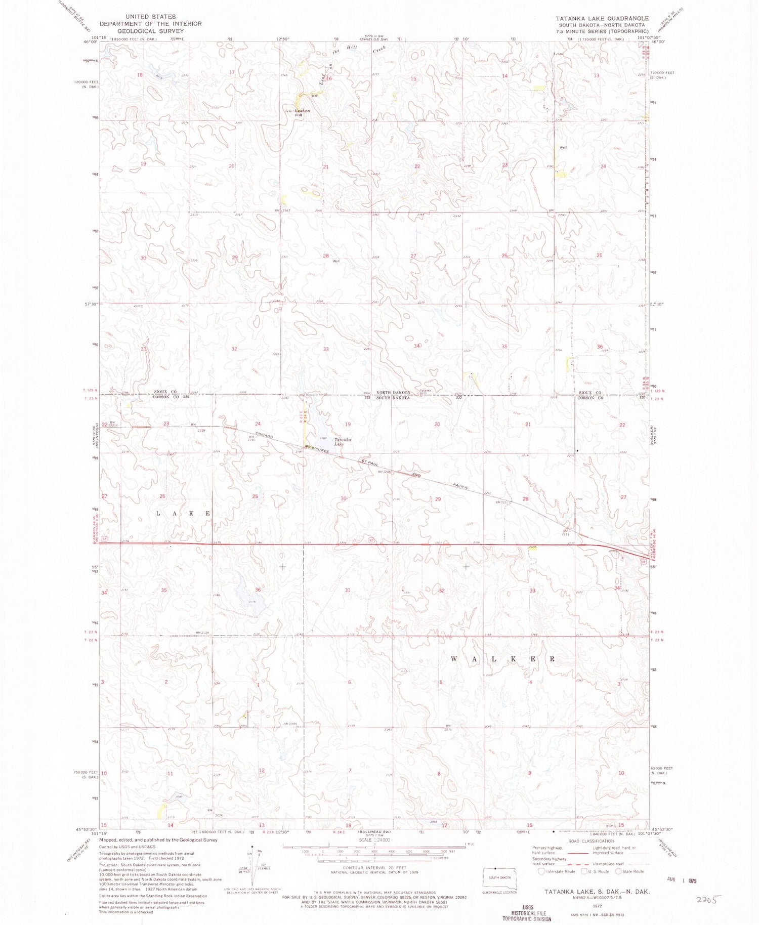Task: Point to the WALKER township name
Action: click(503, 659)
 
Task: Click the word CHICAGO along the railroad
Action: click(265, 435)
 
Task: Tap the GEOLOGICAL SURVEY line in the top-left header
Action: click(150, 31)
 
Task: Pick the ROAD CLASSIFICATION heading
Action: click(588, 841)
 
